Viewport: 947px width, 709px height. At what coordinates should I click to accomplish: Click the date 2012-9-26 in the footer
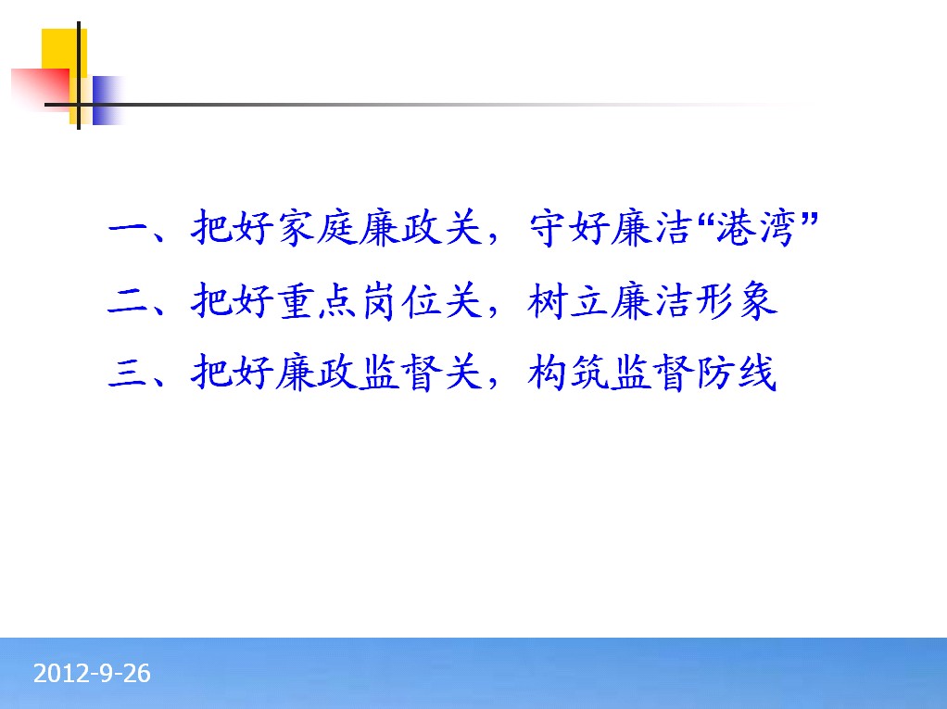point(92,674)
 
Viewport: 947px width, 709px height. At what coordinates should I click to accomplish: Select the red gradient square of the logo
point(41,90)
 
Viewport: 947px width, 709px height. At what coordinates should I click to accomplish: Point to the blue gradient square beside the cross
point(108,100)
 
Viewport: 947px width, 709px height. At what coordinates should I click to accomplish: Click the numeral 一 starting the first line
point(128,229)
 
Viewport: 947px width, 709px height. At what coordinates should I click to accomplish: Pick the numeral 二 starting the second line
point(128,302)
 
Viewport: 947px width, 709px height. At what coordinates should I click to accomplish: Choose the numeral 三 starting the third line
point(128,373)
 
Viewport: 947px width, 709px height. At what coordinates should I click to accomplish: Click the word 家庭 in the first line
point(317,228)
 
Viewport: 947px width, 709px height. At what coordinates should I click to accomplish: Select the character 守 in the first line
point(549,228)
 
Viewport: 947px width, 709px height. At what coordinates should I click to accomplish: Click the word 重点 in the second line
point(317,300)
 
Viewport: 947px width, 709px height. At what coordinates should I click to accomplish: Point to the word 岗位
point(400,300)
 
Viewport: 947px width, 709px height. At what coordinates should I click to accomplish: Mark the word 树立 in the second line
point(568,300)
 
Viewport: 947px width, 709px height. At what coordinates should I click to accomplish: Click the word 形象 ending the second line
point(737,300)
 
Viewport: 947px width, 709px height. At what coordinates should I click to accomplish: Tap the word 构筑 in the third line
point(568,372)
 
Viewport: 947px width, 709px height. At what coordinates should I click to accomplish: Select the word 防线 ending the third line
point(737,372)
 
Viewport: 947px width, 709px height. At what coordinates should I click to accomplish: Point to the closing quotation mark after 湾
point(809,218)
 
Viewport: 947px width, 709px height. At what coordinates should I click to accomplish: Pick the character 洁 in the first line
point(672,228)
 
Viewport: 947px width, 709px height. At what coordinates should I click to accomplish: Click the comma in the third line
point(493,381)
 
